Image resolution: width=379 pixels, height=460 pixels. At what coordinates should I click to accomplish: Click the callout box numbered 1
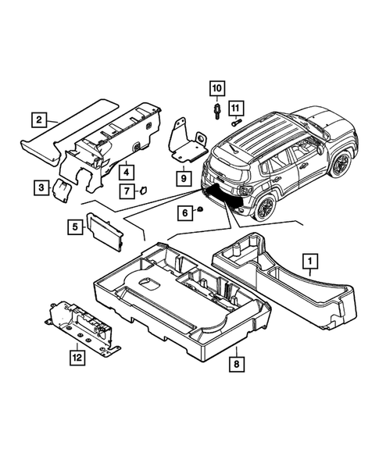coord(309,260)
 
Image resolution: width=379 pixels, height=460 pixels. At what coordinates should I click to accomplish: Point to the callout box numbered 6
coord(185,212)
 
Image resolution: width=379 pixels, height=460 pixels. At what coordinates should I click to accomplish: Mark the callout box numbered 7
coord(126,191)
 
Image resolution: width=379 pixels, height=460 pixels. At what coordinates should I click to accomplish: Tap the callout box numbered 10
coord(216,87)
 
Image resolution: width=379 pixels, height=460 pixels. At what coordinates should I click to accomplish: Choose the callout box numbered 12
coord(76,358)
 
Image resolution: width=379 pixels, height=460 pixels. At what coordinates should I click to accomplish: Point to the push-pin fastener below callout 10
coord(216,111)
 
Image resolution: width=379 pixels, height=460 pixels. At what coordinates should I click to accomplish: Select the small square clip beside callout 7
coord(145,188)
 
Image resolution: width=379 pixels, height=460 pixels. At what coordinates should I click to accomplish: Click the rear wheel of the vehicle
coord(264,208)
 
